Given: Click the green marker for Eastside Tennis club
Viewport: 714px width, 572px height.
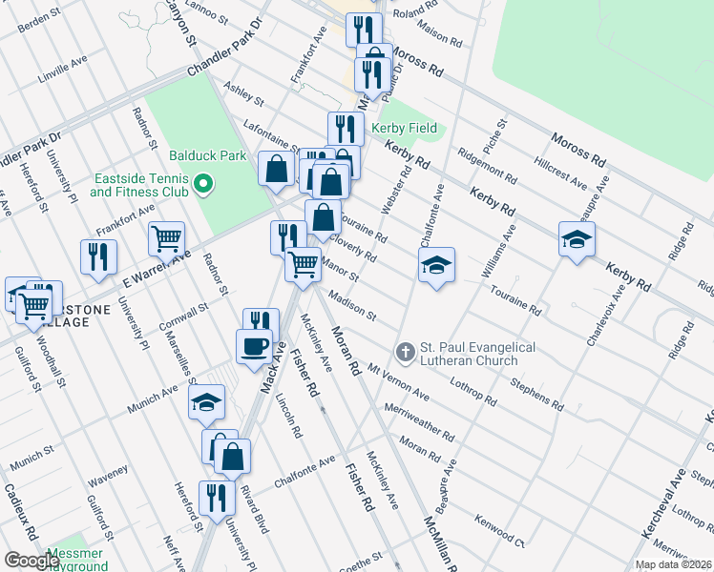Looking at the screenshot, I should (x=201, y=182).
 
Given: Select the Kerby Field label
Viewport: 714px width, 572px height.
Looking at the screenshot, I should (x=405, y=128).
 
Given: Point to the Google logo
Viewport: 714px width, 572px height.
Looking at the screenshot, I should (x=31, y=561).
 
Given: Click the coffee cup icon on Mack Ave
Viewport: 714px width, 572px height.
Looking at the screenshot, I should (x=254, y=347).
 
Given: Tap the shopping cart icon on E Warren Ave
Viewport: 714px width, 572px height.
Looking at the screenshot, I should (x=167, y=239).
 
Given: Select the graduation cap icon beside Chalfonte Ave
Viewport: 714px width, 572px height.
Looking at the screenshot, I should (x=435, y=266).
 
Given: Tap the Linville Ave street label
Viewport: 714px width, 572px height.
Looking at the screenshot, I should (x=63, y=67).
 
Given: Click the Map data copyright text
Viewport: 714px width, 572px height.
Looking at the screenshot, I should (x=673, y=564).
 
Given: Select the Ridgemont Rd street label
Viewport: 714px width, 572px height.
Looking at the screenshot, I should (x=487, y=166).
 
